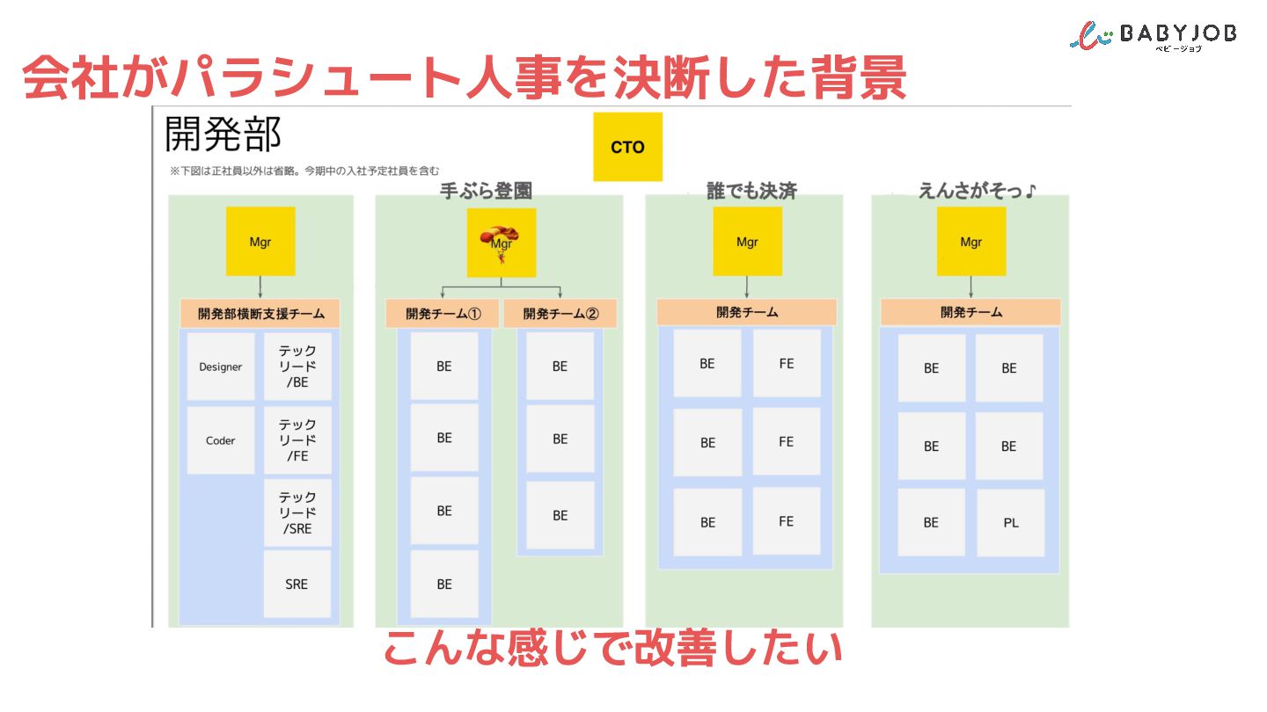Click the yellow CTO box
627,147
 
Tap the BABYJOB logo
1153,35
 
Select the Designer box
220,367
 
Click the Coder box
220,440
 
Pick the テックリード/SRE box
297,513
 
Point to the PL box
1010,522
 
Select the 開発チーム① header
443,314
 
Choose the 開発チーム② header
560,314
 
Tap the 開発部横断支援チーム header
260,313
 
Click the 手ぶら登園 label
486,191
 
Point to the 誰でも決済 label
751,191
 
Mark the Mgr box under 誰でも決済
747,242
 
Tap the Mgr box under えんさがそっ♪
970,242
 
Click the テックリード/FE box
297,440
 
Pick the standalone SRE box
297,584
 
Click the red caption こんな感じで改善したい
612,649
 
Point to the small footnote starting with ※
304,171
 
